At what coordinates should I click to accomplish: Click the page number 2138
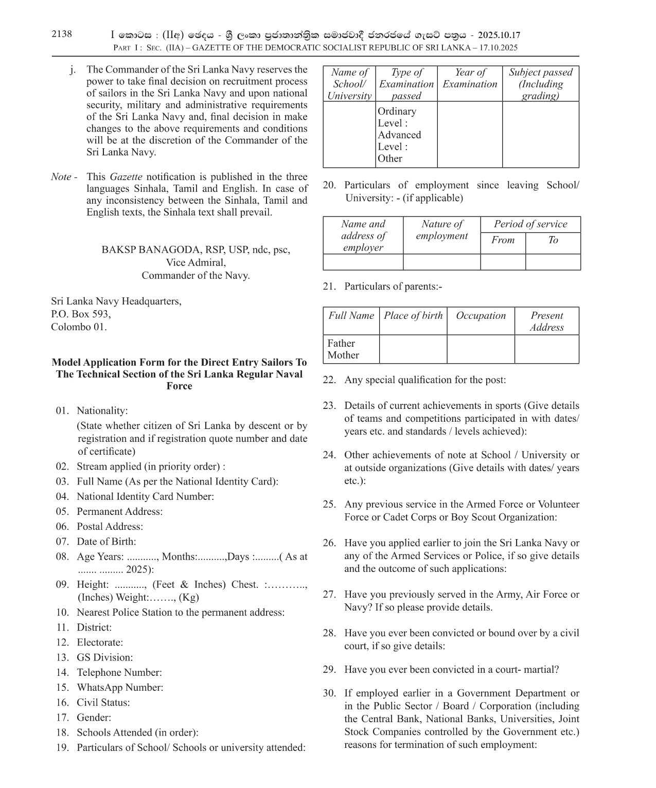62,34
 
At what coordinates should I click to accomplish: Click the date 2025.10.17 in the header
499,35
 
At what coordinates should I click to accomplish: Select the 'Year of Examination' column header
470,79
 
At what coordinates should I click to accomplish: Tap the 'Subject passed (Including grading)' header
540,84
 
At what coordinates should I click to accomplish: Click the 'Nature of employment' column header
441,230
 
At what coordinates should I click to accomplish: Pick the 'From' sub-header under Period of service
503,240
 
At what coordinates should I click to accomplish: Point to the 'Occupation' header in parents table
481,316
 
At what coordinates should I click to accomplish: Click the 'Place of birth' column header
413,316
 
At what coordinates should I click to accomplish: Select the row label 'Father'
341,343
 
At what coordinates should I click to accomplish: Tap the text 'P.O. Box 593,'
81,314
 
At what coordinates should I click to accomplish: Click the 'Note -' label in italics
64,177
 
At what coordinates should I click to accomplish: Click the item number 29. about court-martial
329,670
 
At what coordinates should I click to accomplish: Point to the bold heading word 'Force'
179,386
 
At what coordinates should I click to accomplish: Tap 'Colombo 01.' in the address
79,327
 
